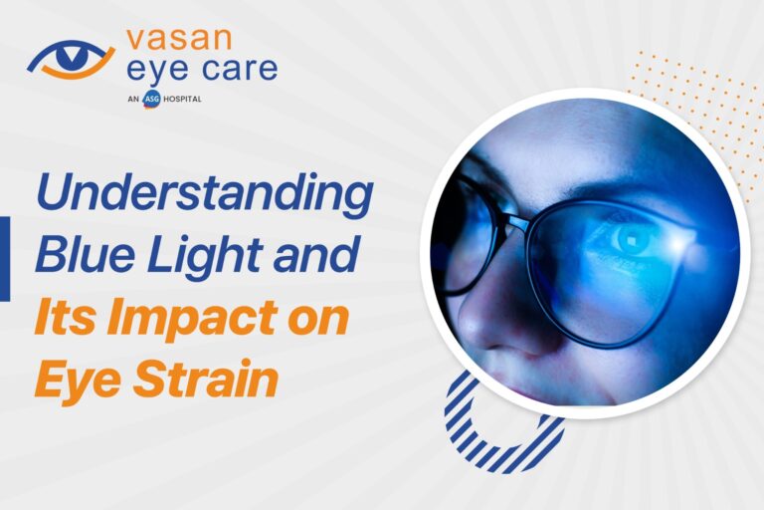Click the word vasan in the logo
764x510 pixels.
179,39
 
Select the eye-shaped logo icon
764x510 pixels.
72,59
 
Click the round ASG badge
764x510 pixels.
151,99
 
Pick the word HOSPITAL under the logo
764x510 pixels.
182,99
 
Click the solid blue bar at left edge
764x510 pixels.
4,259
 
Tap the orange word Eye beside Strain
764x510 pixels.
77,380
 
